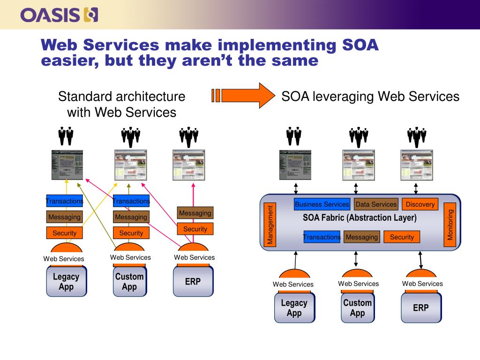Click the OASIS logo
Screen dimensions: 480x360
point(59,15)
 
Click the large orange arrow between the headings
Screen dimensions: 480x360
point(243,96)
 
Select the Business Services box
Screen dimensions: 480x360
point(322,204)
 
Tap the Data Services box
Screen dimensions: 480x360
point(376,204)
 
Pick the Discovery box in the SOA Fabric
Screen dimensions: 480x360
point(420,204)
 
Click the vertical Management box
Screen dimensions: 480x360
point(270,225)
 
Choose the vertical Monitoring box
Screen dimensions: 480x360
point(450,225)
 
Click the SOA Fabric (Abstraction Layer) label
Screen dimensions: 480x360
point(360,217)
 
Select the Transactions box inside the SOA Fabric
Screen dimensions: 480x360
point(322,237)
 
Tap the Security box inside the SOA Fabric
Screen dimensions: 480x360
point(402,237)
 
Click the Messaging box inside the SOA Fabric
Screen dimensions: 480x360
point(362,237)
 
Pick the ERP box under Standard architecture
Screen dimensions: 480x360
point(193,281)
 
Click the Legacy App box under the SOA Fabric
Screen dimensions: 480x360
point(294,307)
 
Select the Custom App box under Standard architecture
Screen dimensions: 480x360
point(130,281)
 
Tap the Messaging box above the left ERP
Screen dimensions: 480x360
point(195,213)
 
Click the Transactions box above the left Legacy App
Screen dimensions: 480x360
point(65,201)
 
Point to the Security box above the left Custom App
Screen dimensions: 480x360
point(131,233)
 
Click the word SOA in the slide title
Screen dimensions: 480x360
point(360,45)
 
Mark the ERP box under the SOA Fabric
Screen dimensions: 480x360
point(421,307)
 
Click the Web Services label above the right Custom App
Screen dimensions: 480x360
point(359,284)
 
